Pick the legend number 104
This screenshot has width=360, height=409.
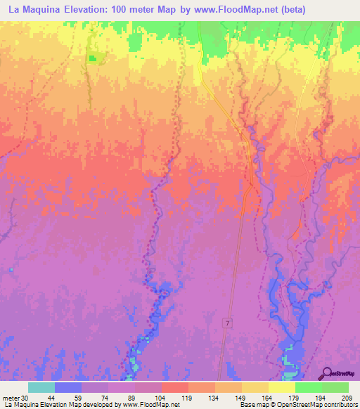point(161,398)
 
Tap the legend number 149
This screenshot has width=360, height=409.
point(241,398)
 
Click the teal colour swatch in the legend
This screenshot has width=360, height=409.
point(41,387)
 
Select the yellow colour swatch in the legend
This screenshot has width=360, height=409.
point(282,387)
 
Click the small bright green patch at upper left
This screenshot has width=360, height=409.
point(93,58)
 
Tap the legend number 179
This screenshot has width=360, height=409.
point(295,398)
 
